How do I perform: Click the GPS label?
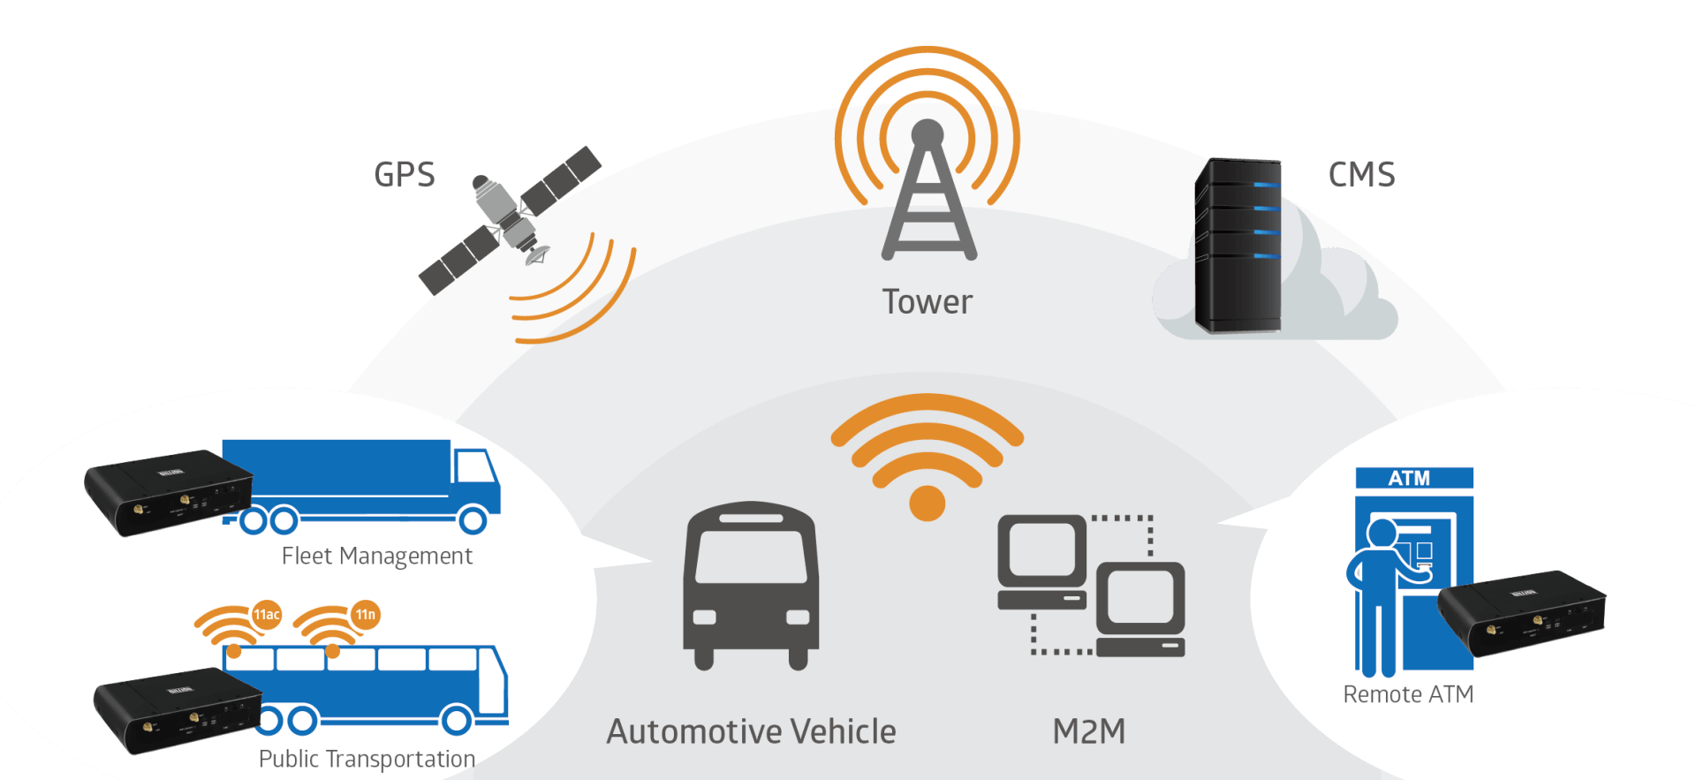[x=405, y=174]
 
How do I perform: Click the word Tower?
[x=927, y=302]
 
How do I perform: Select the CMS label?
[x=1361, y=174]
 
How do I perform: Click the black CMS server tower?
[x=1237, y=245]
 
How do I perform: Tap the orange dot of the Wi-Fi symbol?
[x=927, y=504]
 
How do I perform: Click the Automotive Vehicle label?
[x=751, y=731]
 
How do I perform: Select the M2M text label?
[x=1089, y=731]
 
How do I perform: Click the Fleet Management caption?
[x=377, y=556]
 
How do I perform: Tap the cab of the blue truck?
[x=475, y=481]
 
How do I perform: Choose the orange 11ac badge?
[x=267, y=615]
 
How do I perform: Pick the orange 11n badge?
[x=365, y=615]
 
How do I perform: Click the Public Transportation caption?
[x=367, y=759]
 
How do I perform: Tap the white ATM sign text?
[x=1409, y=479]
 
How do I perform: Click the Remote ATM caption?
[x=1408, y=694]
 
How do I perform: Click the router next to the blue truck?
[x=168, y=491]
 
